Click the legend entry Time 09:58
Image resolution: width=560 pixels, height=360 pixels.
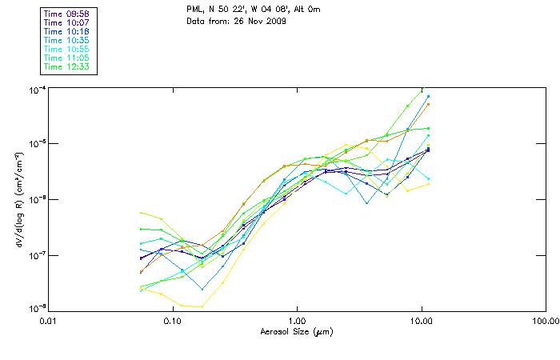tap(68, 14)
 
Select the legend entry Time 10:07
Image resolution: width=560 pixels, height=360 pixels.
tap(68, 22)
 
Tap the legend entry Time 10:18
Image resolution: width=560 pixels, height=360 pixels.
tap(68, 31)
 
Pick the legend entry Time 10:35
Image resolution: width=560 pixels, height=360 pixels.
tap(68, 40)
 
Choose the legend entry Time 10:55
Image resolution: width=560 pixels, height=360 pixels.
tap(68, 49)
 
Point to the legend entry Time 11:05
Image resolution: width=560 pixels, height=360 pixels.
tap(68, 58)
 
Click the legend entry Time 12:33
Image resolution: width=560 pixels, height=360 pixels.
tap(68, 66)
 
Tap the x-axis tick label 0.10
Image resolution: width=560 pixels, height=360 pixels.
tap(173, 321)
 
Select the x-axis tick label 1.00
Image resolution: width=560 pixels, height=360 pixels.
tap(297, 321)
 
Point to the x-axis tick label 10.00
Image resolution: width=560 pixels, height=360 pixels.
tap(422, 321)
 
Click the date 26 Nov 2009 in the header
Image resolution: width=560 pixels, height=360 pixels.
tap(262, 20)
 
